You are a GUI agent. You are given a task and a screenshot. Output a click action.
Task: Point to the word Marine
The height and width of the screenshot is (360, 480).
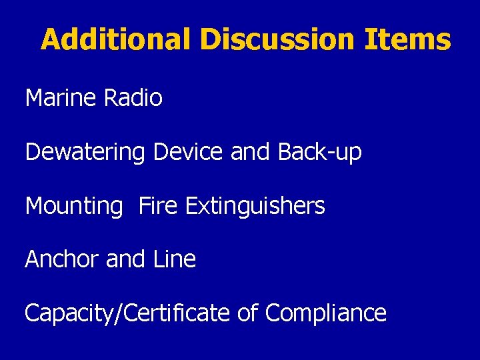61,99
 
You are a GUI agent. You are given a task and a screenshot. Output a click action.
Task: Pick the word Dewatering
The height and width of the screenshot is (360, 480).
85,153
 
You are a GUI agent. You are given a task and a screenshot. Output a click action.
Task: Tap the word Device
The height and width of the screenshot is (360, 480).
189,153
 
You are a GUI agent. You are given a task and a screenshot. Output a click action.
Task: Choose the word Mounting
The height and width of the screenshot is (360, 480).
74,207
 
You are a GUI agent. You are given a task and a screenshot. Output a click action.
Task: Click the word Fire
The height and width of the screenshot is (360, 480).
159,206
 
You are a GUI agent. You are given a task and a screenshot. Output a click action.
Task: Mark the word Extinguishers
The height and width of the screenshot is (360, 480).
255,207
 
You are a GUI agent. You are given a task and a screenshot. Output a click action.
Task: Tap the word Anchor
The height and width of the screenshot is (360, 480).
62,259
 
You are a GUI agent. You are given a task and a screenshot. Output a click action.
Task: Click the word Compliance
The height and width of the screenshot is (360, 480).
326,313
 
